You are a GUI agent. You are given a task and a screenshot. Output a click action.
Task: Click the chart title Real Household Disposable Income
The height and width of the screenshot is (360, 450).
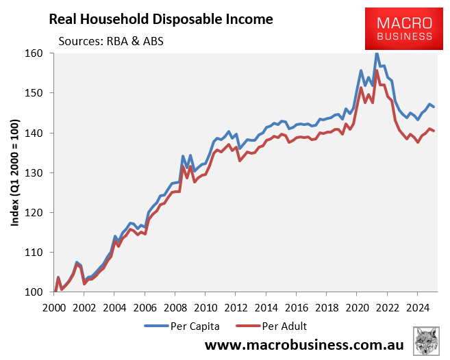click(x=160, y=19)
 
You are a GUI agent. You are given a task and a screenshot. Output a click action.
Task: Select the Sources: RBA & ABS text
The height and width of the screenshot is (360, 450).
click(x=111, y=40)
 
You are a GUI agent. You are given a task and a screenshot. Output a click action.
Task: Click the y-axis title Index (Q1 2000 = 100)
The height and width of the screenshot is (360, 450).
click(x=15, y=172)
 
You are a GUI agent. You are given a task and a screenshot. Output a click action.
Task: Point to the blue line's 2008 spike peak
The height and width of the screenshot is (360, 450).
click(x=183, y=157)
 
